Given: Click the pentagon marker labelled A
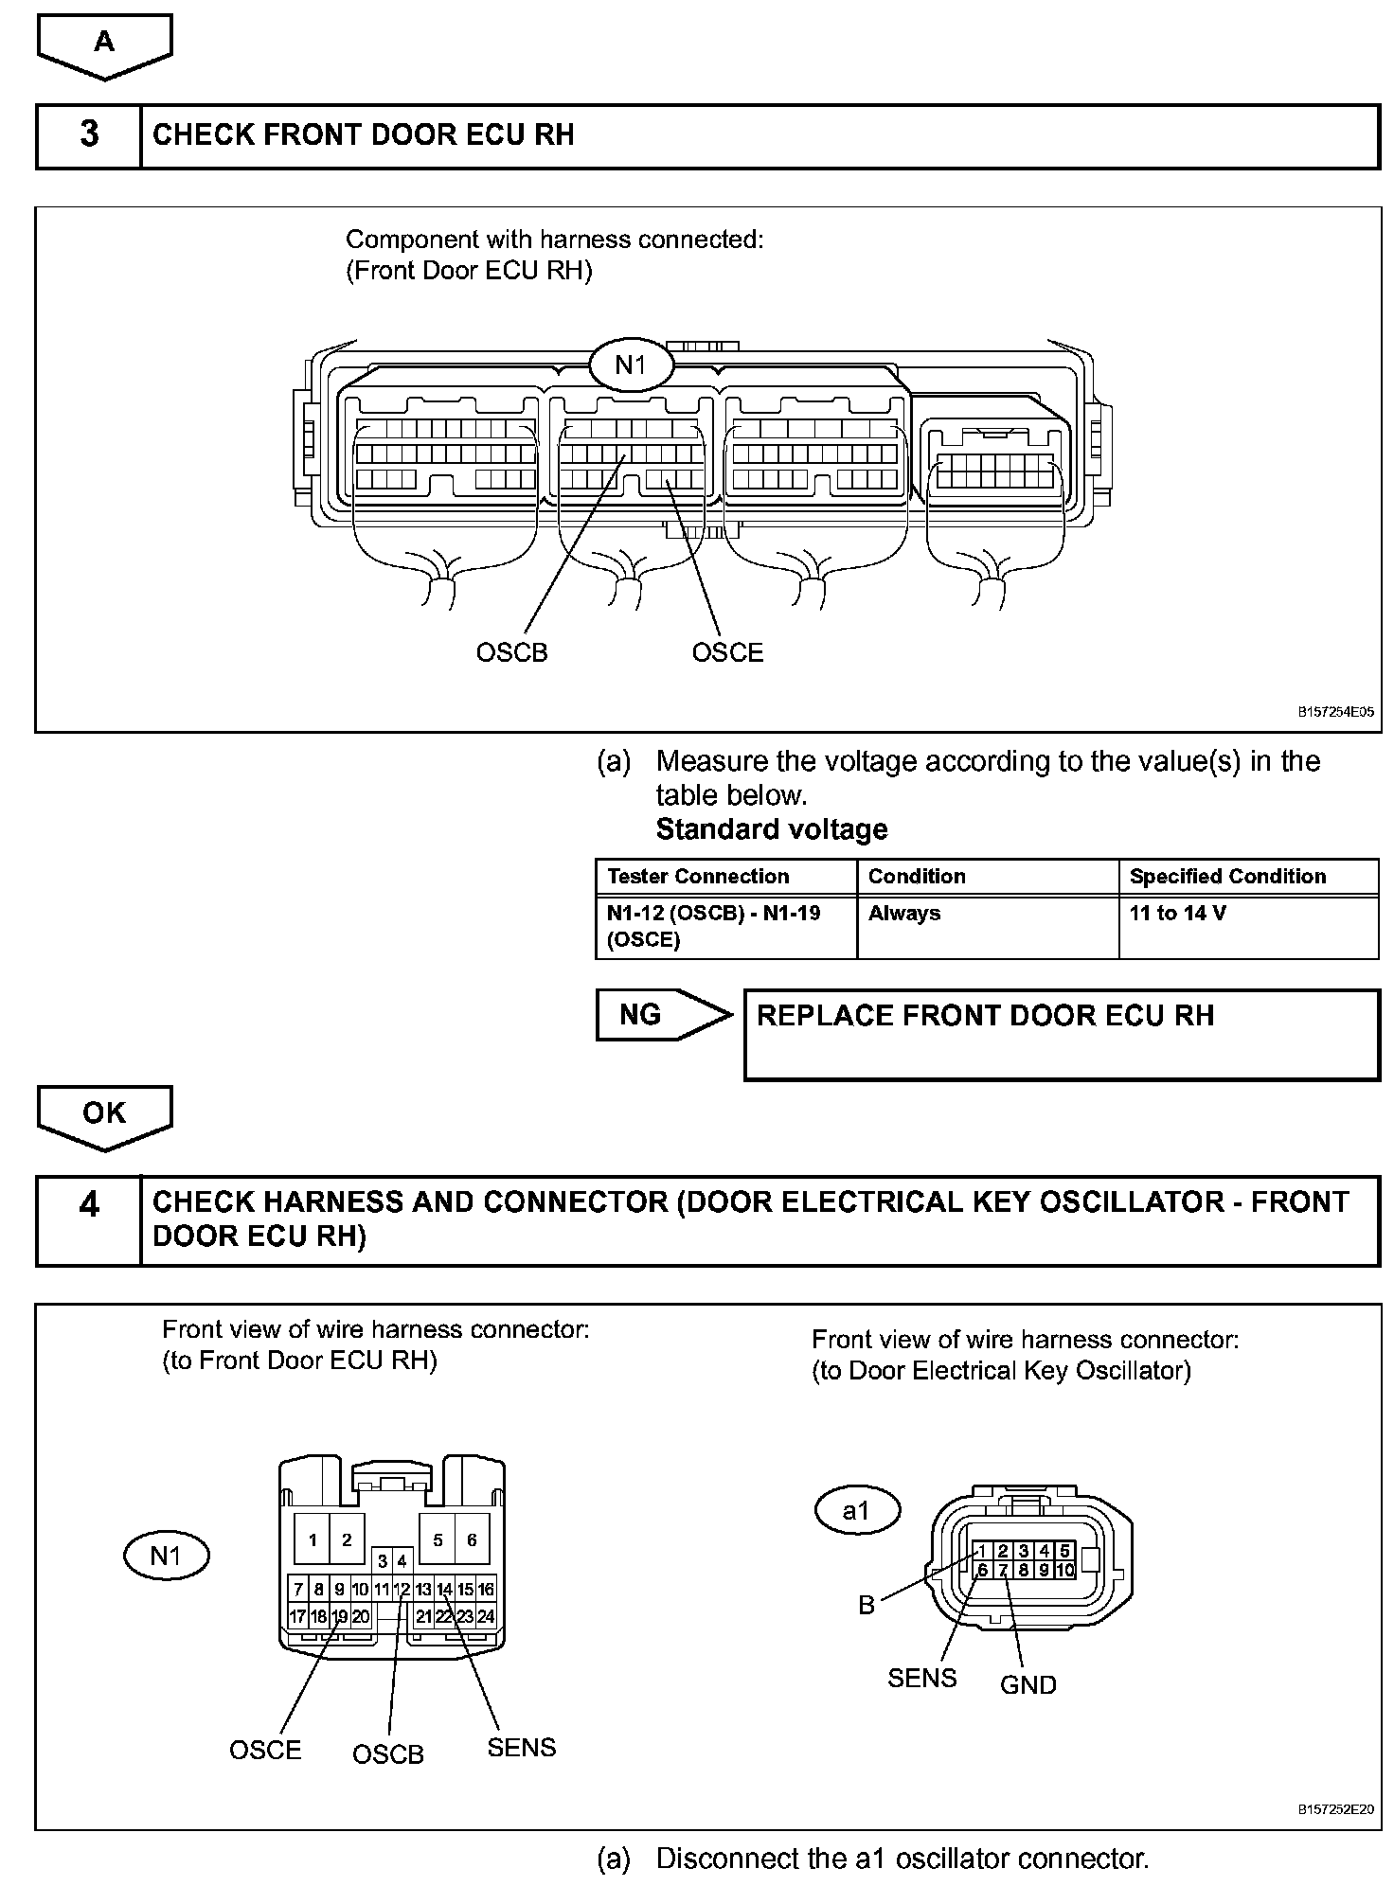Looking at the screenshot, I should pos(104,44).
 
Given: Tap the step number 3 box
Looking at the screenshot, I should pos(89,135).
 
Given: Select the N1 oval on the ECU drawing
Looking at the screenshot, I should pos(631,365).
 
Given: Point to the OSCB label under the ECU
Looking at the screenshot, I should pos(511,652).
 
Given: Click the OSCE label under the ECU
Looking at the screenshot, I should pos(727,652).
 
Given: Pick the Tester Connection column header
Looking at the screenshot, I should pos(698,877).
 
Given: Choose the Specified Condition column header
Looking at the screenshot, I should pos(1227,877).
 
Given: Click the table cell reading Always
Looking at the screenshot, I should pos(904,914).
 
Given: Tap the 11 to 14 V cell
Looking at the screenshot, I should pos(1177,914).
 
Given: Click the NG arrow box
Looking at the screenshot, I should pos(663,1015).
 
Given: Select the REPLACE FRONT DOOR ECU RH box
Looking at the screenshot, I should pos(1062,1034).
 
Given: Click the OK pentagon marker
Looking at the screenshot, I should pos(104,1115).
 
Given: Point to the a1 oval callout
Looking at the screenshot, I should pos(856,1510).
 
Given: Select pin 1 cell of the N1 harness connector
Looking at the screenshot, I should pos(313,1539).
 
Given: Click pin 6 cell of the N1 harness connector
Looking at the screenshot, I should pos(472,1539).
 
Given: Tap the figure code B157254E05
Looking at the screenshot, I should pos(1335,712).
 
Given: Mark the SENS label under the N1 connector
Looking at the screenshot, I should pos(521,1747).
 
